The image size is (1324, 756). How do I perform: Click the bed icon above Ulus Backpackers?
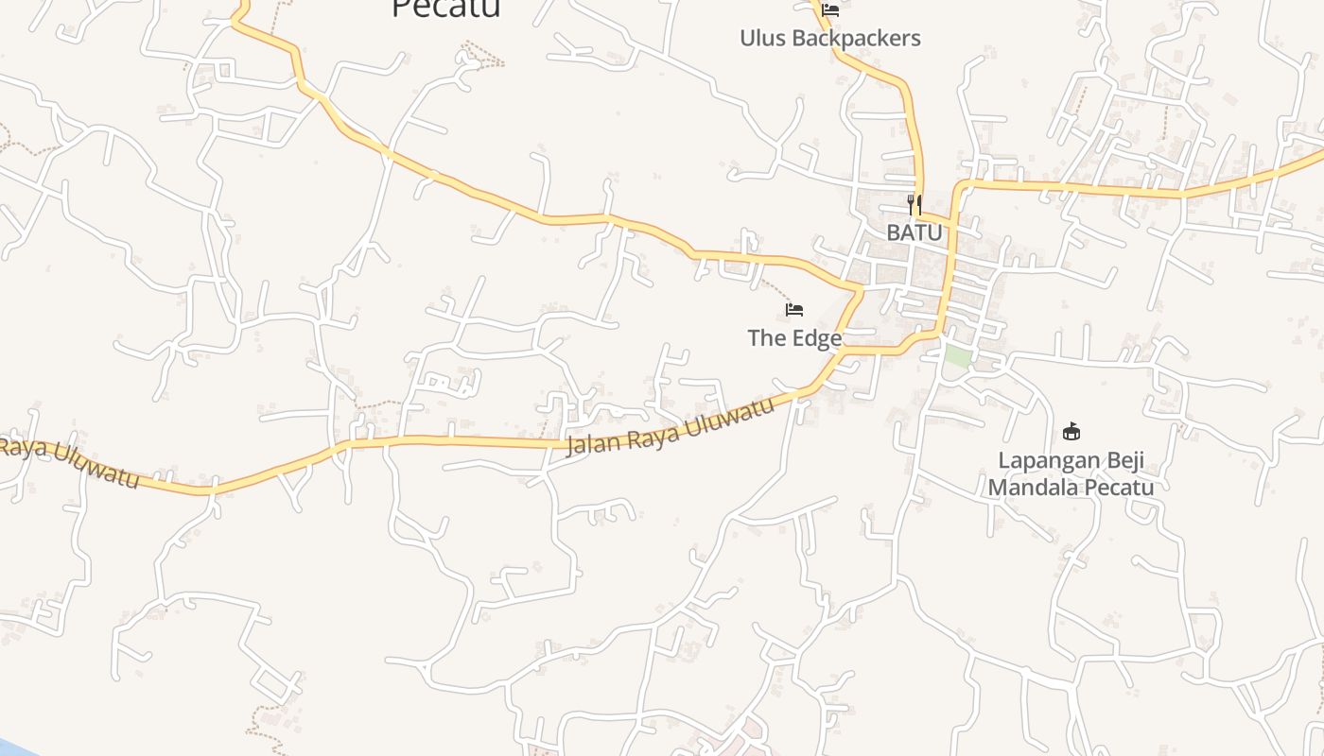click(x=830, y=10)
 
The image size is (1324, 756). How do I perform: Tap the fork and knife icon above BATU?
click(x=914, y=205)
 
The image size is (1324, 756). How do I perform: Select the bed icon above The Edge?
click(x=794, y=310)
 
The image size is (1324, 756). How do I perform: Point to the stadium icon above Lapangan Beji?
click(x=1071, y=432)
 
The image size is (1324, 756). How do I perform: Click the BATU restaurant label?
click(x=914, y=232)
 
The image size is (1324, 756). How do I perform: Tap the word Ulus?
click(x=763, y=39)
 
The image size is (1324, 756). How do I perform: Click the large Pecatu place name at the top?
click(x=445, y=8)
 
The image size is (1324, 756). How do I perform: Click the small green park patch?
click(x=957, y=357)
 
